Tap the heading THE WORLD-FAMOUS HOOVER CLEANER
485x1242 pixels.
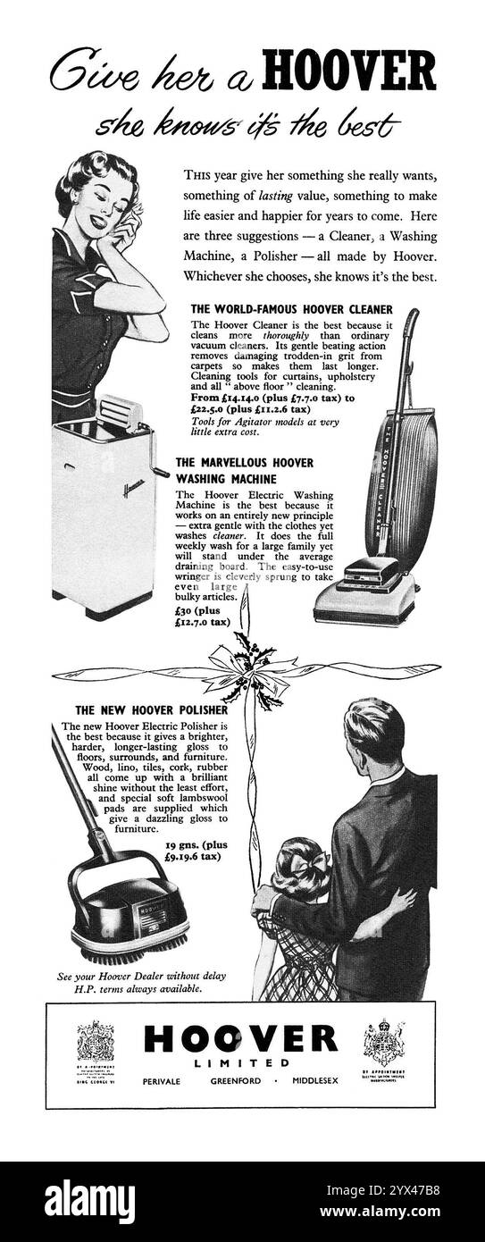(292, 309)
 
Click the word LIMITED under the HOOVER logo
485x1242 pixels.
(241, 1063)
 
